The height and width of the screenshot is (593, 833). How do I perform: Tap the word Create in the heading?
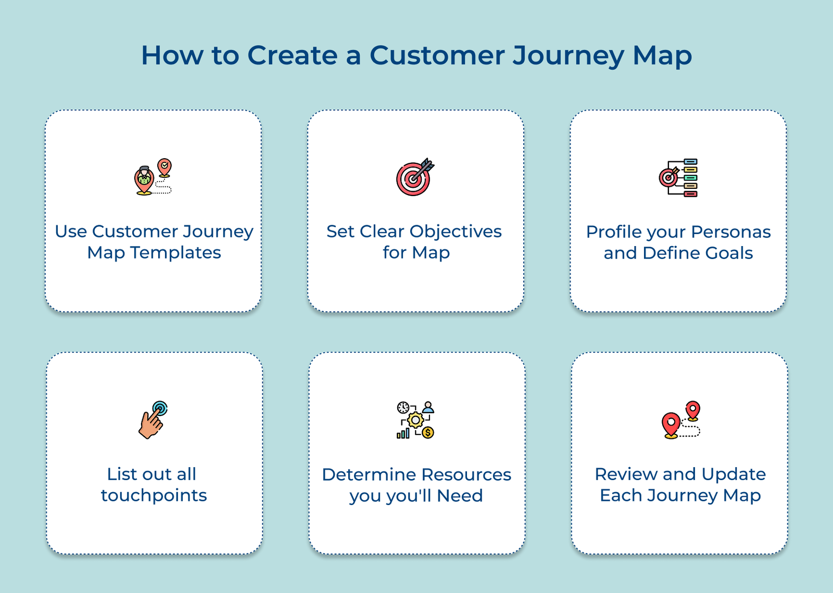(x=292, y=56)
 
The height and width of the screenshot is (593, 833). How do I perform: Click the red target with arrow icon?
(x=414, y=177)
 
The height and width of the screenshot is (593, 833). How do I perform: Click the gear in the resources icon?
(x=415, y=420)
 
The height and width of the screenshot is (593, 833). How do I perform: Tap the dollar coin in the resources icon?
(x=428, y=432)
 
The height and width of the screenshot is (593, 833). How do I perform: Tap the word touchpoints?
(x=154, y=495)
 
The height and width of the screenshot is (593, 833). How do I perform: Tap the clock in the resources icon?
(x=402, y=407)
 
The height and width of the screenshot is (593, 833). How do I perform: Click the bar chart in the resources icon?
(x=403, y=433)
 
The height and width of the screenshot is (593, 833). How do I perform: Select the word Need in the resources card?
(x=460, y=496)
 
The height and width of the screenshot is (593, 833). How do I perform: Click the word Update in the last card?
(x=734, y=474)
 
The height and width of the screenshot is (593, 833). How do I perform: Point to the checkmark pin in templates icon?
(x=165, y=167)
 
